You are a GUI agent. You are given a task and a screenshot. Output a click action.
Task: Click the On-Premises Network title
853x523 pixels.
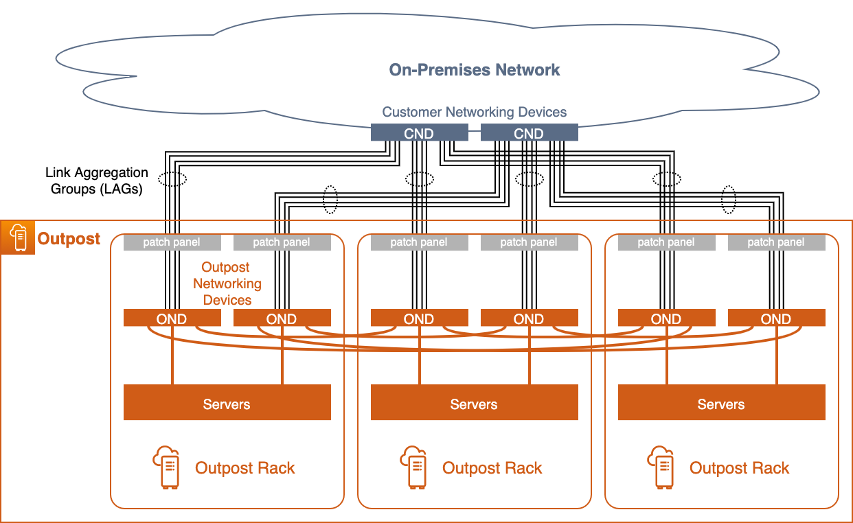click(x=474, y=70)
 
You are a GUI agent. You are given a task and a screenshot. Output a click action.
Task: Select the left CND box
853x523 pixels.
click(x=419, y=133)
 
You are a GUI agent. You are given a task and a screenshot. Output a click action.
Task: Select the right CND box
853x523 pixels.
click(x=529, y=133)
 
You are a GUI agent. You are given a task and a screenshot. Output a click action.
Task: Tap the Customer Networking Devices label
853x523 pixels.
click(x=474, y=112)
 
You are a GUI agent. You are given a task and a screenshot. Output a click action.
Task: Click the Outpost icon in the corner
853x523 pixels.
click(x=18, y=237)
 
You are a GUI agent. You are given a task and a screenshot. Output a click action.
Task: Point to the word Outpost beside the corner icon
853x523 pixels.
click(x=69, y=239)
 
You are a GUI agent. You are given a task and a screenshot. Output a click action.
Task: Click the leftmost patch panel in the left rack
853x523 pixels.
click(x=172, y=242)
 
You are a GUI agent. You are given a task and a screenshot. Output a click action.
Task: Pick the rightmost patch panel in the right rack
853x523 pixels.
click(x=776, y=242)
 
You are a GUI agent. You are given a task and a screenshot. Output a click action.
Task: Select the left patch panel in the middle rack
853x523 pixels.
click(x=419, y=242)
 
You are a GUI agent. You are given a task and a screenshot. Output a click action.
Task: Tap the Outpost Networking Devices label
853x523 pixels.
click(x=227, y=283)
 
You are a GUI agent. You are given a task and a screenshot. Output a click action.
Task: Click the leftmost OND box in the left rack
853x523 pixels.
click(x=172, y=318)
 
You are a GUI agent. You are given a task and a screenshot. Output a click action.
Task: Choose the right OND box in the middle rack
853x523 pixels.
click(x=529, y=318)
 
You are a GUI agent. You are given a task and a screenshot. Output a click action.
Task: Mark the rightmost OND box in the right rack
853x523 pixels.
click(x=776, y=318)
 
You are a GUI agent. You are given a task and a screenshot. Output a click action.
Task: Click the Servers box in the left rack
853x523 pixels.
click(x=227, y=403)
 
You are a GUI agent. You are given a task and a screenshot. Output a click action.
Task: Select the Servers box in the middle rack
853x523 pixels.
click(x=474, y=403)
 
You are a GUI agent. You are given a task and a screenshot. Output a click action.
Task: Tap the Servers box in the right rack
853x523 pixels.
click(x=721, y=403)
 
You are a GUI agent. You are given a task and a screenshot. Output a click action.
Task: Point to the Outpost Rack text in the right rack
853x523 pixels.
click(x=739, y=468)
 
